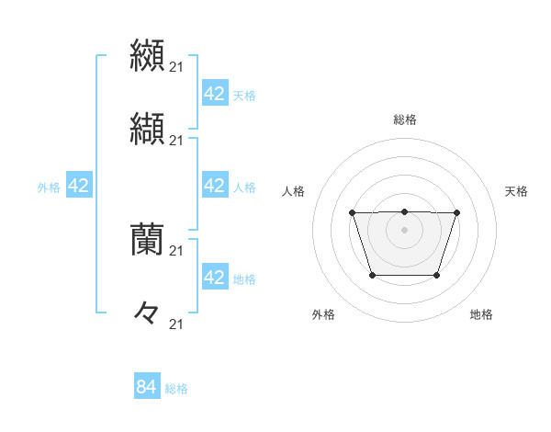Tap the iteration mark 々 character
[x=147, y=313]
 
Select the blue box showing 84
[x=147, y=387]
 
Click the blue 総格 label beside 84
[x=176, y=389]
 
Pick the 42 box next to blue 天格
[x=214, y=94]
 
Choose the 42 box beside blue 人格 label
[x=214, y=186]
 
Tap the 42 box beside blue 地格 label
[x=214, y=278]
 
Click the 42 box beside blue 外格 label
[x=78, y=186]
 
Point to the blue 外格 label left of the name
[x=49, y=188]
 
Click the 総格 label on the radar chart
[x=404, y=119]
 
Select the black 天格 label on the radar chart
[x=517, y=191]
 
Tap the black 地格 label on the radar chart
[x=481, y=314]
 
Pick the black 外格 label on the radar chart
[x=323, y=314]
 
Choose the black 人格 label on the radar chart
[x=294, y=191]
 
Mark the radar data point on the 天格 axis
[x=456, y=213]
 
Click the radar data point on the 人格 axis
[x=353, y=213]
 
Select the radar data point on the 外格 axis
[x=371, y=275]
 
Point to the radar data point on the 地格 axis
[x=437, y=275]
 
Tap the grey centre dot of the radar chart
[x=404, y=230]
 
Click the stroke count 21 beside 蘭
[x=177, y=250]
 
